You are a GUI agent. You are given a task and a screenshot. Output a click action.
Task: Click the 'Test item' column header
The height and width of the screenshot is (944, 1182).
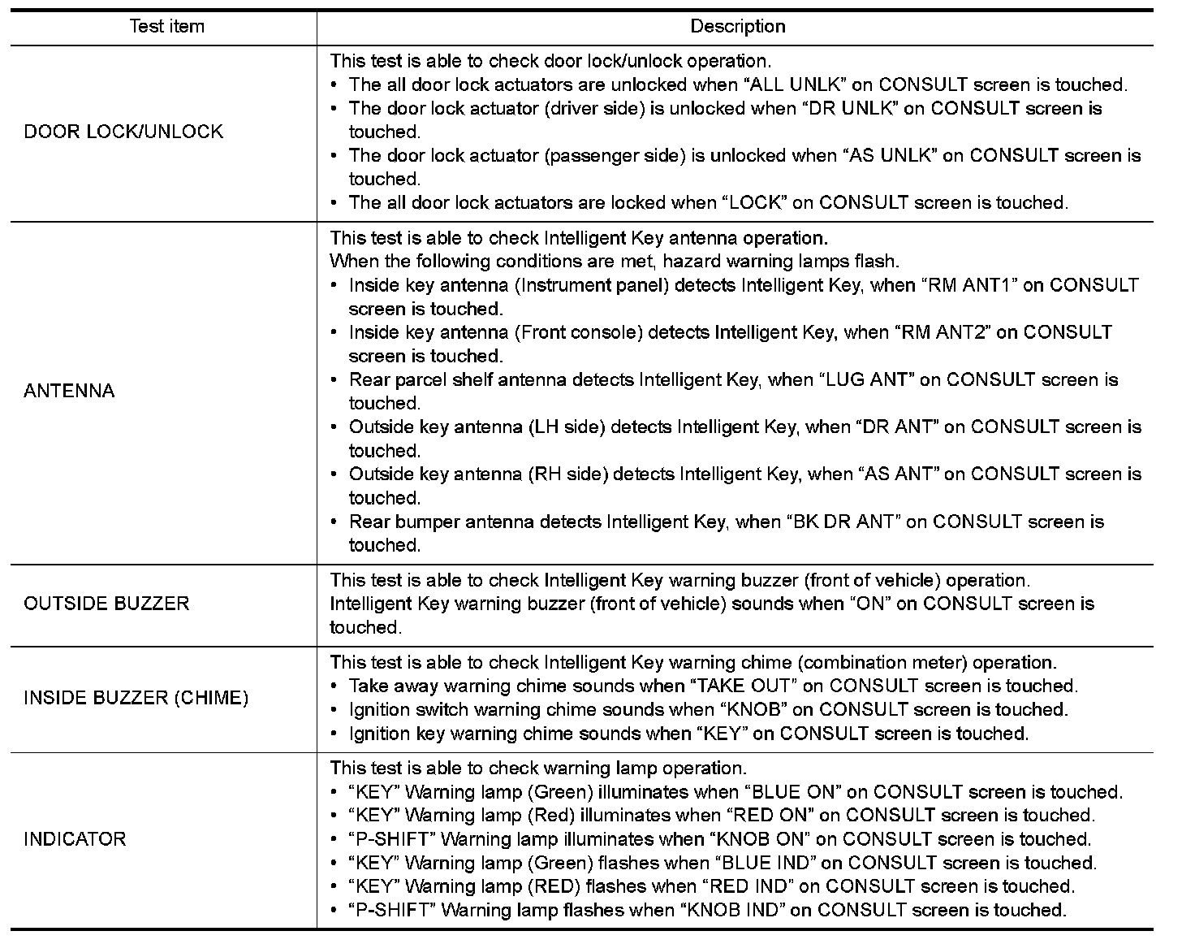(166, 27)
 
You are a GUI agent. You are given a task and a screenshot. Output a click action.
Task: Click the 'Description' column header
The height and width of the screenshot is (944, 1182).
(737, 27)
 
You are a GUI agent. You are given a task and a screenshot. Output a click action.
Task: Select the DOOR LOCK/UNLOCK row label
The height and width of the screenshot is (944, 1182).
(123, 132)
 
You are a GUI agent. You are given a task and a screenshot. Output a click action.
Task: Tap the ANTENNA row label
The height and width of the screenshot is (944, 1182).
(69, 391)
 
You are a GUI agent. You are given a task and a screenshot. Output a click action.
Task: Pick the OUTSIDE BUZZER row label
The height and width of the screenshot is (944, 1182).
(106, 604)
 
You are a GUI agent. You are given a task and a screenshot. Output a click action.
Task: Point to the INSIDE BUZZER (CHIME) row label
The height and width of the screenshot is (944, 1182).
(136, 698)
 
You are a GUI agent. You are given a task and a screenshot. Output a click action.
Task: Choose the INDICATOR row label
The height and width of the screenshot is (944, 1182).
(75, 839)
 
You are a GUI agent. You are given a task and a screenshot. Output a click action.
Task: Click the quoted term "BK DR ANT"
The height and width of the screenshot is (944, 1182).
(843, 522)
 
